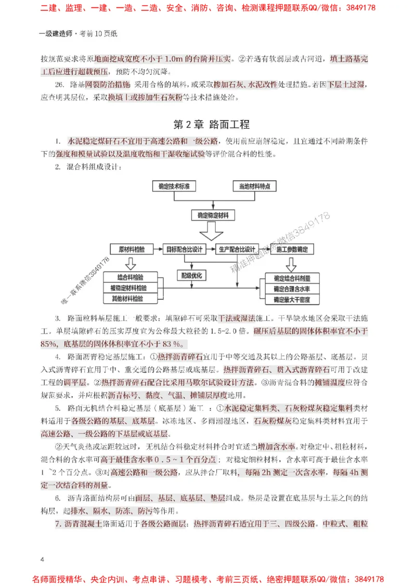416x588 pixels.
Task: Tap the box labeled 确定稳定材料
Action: tap(214, 214)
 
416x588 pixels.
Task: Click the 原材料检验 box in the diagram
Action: tap(132, 249)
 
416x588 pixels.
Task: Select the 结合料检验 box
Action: tap(131, 277)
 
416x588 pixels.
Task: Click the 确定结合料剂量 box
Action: tap(292, 278)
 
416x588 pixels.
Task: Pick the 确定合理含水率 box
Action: tap(292, 289)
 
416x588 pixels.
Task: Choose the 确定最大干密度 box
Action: tap(292, 300)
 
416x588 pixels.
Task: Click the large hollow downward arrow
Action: tap(214, 228)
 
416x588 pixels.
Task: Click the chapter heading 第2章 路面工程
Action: tap(211, 125)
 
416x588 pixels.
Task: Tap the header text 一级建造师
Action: tap(57, 34)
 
